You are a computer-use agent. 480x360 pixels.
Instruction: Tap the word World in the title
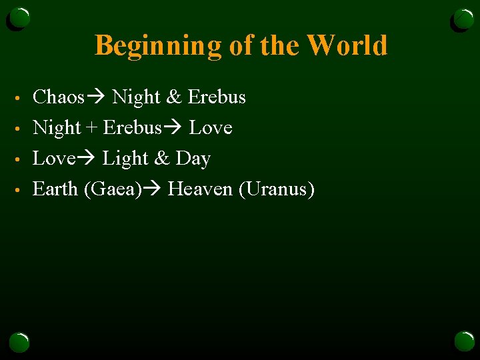coord(348,45)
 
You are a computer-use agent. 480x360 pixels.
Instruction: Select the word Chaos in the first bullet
coord(58,97)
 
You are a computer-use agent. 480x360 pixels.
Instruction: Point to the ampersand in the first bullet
coord(173,97)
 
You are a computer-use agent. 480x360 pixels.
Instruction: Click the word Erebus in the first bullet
coord(217,97)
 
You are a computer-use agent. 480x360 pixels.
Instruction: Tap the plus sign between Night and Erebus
coord(92,128)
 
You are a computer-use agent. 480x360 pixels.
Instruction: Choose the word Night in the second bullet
coord(57,127)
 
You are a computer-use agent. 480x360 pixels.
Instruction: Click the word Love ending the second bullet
coord(211,127)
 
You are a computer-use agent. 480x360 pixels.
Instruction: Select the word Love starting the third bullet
coord(53,159)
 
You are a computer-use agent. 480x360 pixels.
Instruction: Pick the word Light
coord(125,159)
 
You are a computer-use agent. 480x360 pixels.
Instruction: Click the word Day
coord(193,159)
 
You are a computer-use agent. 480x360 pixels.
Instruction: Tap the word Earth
coord(55,189)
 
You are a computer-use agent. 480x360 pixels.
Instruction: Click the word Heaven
coord(200,189)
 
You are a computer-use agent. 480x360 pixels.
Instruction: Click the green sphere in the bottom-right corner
coord(464,341)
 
